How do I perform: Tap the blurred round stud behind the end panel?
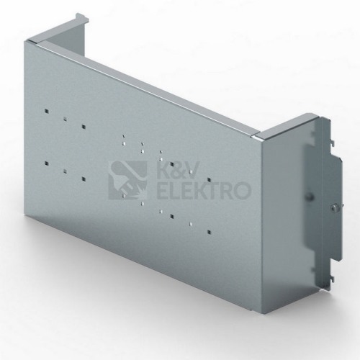pos(309,197)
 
